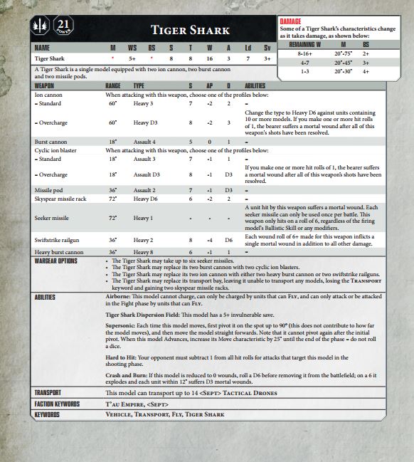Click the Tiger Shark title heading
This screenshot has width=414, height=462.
(190, 30)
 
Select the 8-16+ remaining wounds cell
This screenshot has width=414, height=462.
(305, 53)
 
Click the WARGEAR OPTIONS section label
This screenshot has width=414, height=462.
(55, 261)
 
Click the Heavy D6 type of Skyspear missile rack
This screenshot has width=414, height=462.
(147, 200)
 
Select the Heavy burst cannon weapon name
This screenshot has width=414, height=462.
(59, 252)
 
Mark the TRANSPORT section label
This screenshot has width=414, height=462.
(48, 392)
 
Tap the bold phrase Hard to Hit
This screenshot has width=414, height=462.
(122, 358)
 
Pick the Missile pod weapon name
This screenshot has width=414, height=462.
(49, 190)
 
